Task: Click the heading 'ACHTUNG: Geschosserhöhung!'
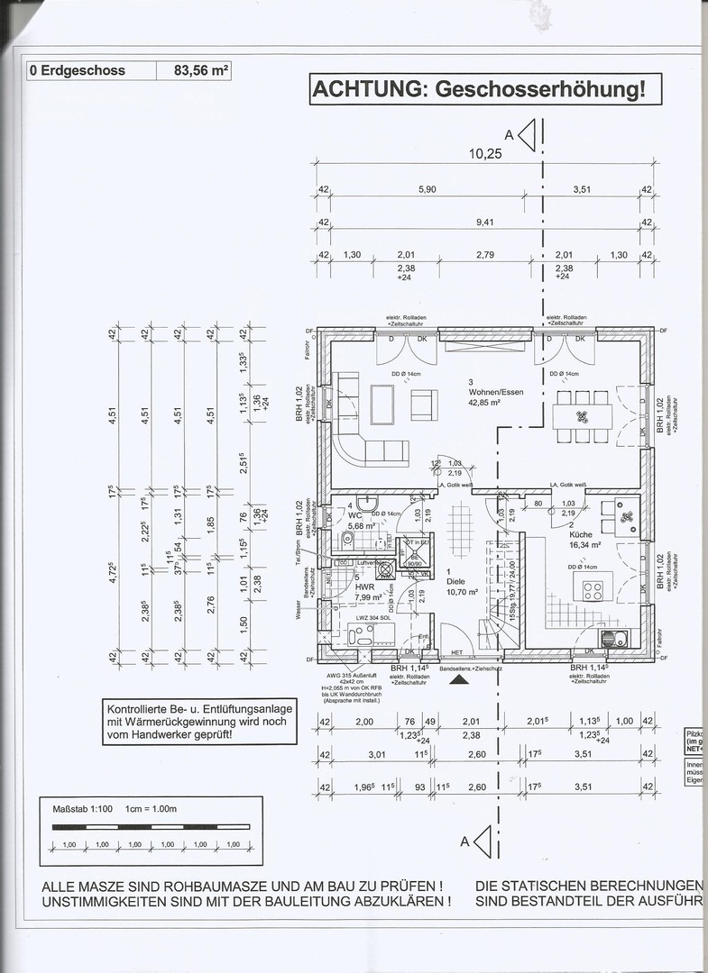(x=479, y=89)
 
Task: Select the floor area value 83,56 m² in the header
(x=193, y=70)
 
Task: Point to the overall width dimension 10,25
(x=484, y=153)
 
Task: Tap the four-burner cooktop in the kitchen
(x=594, y=591)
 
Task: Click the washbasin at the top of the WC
(x=364, y=504)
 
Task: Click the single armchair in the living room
(x=424, y=404)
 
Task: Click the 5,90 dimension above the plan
(x=427, y=190)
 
